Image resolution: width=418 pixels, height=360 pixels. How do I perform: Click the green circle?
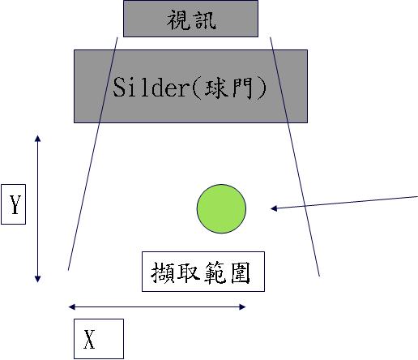[x=221, y=208]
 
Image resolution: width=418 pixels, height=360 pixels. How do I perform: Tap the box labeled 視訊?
[x=190, y=19]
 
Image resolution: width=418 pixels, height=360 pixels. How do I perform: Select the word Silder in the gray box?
[x=151, y=87]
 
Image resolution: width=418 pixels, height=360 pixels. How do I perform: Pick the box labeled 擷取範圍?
[x=203, y=272]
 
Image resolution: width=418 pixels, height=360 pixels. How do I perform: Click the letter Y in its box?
[x=15, y=204]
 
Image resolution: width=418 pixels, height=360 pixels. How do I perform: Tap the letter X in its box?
[x=89, y=340]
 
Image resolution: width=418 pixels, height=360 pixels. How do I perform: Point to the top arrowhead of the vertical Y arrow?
[x=37, y=138]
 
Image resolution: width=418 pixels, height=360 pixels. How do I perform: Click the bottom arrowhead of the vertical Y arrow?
[x=38, y=279]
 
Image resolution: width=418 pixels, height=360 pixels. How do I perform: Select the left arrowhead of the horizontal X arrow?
[x=72, y=306]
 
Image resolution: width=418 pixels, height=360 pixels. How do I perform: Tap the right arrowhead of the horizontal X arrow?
[x=242, y=306]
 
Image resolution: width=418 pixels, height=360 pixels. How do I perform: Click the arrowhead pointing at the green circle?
[x=274, y=208]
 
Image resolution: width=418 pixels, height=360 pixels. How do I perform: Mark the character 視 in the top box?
[x=178, y=19]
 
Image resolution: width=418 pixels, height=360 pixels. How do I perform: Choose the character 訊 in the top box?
[x=206, y=19]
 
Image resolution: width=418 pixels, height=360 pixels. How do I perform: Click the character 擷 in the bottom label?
[x=162, y=272]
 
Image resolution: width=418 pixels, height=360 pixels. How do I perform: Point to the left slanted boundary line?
[x=93, y=153]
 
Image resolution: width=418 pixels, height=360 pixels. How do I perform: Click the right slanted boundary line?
[x=295, y=156]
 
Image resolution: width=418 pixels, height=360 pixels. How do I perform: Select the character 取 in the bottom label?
[x=188, y=272]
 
